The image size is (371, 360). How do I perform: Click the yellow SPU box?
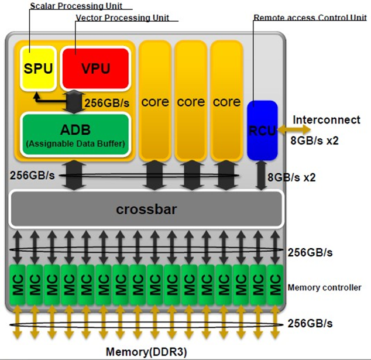tap(38, 67)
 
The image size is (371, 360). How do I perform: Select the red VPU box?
tap(95, 68)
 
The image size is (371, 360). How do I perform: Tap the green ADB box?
tap(75, 134)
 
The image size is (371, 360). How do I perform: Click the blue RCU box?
tap(262, 130)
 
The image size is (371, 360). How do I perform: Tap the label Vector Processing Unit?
tap(122, 18)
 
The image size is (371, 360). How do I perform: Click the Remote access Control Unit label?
tap(310, 18)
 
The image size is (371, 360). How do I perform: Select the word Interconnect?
tap(327, 119)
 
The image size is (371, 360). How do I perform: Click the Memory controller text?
tap(324, 287)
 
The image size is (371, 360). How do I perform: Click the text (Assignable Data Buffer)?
tap(75, 143)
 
